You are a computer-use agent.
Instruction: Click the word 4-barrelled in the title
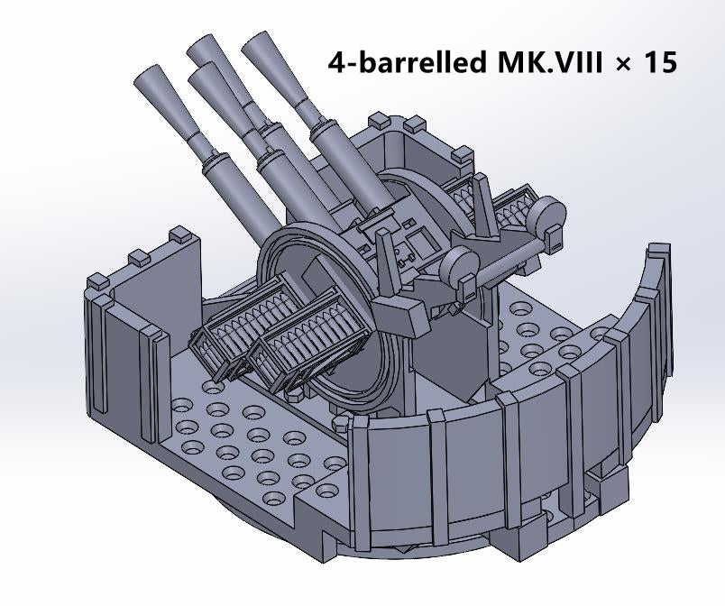tap(407, 63)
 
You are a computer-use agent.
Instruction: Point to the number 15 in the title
tap(660, 63)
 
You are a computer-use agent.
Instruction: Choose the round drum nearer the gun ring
tap(460, 265)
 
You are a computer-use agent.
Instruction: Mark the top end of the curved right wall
tap(658, 252)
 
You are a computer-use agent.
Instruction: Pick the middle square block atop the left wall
tap(139, 259)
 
